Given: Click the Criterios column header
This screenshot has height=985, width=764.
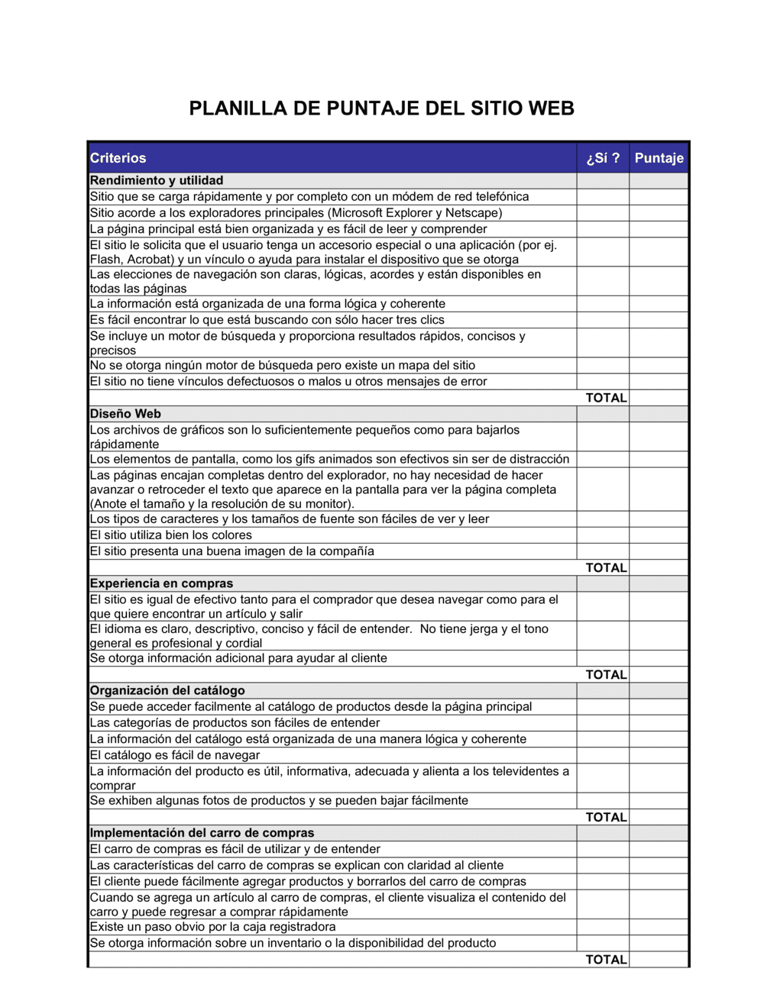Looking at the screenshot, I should [x=118, y=158].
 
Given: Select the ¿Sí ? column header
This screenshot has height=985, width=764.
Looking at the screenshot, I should [x=603, y=158].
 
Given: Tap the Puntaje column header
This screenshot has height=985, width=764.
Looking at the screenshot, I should [x=659, y=158].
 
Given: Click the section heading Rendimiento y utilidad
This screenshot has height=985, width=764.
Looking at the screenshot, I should [x=157, y=180].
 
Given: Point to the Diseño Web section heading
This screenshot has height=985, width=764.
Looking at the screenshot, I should [x=125, y=414].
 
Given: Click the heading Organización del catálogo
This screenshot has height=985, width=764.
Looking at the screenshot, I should [x=167, y=690].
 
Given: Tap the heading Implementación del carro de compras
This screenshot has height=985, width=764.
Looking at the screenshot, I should [x=202, y=833].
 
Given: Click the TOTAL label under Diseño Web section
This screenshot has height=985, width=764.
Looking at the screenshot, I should [x=606, y=567].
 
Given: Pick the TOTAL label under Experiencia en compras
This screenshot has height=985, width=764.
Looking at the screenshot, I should [x=606, y=674].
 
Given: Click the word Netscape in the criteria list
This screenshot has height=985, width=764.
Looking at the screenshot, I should [x=471, y=213].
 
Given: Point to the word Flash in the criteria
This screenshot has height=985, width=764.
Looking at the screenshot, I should [x=105, y=260].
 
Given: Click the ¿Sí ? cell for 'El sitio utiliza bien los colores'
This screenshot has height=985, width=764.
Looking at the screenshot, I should [x=603, y=535].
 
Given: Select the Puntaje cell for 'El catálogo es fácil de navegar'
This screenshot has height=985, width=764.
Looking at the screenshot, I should [x=659, y=755].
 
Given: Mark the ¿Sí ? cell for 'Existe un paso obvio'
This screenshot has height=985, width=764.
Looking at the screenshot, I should [x=603, y=927].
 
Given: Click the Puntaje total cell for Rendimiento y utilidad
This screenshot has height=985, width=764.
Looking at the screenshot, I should [x=659, y=398].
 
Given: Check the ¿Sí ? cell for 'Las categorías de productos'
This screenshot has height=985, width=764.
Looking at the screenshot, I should [x=603, y=723].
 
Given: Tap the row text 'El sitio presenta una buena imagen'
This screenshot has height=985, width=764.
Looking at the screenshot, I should [x=231, y=551].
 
